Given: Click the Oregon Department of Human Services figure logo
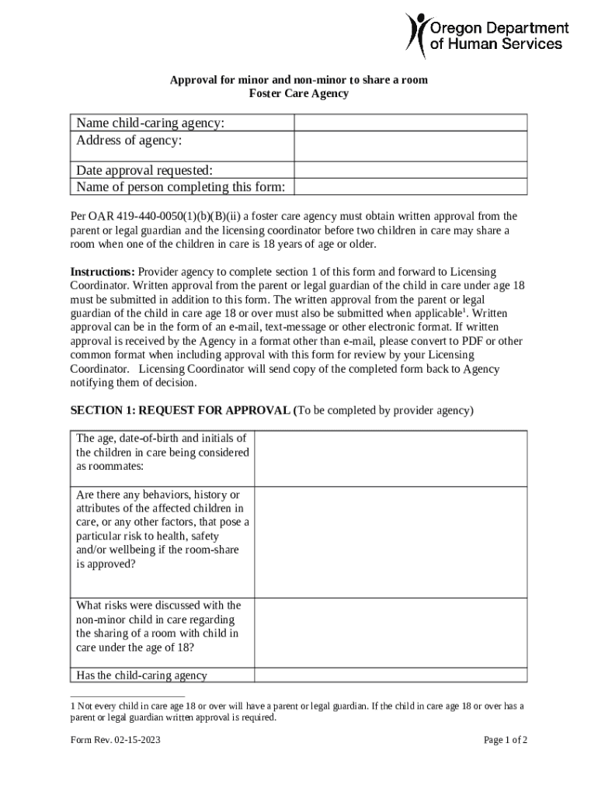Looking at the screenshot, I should (x=418, y=35).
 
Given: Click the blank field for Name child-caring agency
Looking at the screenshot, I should (x=410, y=123).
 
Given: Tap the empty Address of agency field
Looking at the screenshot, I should (x=410, y=147).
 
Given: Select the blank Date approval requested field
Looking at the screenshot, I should (x=410, y=171).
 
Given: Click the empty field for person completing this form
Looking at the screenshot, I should (x=410, y=187).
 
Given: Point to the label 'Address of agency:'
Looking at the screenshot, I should (x=129, y=141).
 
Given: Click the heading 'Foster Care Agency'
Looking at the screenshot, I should (x=298, y=94).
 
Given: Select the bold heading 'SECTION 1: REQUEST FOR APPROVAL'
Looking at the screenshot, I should (x=182, y=410).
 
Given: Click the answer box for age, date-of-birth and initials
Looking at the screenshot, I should (x=391, y=458).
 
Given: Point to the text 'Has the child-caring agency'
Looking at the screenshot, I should (x=141, y=675).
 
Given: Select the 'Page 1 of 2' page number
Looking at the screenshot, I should (x=505, y=740).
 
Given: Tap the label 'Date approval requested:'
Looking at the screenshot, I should (x=144, y=171).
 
